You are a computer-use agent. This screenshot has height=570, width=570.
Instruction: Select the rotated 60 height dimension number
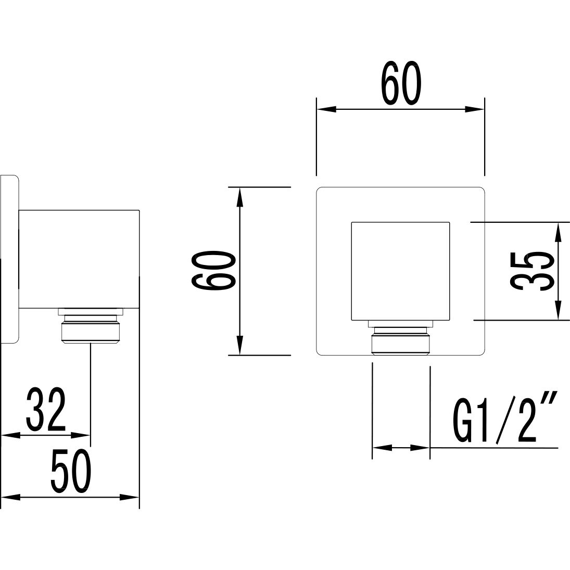click(x=213, y=271)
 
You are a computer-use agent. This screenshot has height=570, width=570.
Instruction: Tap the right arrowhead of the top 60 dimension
click(x=475, y=109)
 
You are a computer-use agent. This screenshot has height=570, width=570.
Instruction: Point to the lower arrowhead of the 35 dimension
click(x=558, y=311)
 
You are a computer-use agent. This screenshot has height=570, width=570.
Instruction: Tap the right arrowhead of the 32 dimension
click(x=81, y=435)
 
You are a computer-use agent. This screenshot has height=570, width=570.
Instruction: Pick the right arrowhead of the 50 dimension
click(x=130, y=497)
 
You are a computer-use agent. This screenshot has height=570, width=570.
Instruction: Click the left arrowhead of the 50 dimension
click(x=11, y=497)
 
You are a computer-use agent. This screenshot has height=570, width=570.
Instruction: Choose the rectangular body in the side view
click(x=79, y=259)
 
